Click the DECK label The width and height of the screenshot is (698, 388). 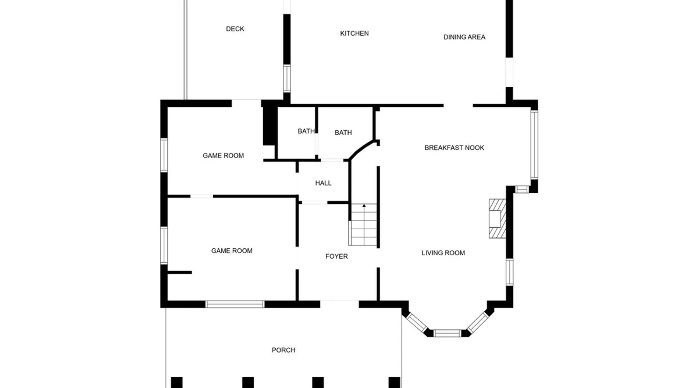click(x=235, y=29)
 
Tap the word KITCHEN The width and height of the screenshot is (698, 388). click(x=354, y=33)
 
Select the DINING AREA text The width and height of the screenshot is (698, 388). click(x=464, y=37)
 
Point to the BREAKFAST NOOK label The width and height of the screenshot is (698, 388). click(x=454, y=147)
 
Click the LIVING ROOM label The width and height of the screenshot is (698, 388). click(x=443, y=253)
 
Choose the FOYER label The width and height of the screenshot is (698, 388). click(x=337, y=256)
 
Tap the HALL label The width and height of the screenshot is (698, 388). click(x=323, y=183)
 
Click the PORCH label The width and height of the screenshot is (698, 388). click(x=283, y=350)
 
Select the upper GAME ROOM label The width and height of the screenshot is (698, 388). click(x=223, y=156)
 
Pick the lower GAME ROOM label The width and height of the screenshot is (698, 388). click(x=232, y=251)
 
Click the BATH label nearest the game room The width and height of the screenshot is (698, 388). click(x=306, y=131)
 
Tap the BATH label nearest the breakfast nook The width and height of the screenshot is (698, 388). click(x=343, y=132)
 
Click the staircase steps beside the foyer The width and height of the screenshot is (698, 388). click(x=363, y=225)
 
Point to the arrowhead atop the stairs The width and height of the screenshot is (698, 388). click(x=364, y=206)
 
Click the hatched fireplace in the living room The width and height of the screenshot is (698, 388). click(x=498, y=218)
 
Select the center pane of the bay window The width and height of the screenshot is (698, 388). click(x=447, y=333)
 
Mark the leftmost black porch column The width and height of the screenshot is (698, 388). click(x=176, y=382)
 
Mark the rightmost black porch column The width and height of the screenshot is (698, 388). click(x=394, y=382)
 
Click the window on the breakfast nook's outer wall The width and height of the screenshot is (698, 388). click(x=534, y=144)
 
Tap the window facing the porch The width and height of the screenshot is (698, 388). click(x=235, y=304)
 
